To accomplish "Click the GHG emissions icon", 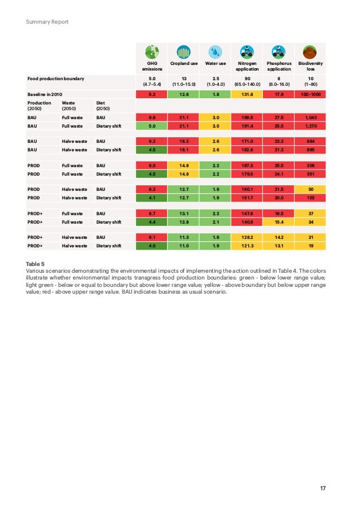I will tap(152, 52).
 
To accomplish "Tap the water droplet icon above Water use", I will tap(215, 52).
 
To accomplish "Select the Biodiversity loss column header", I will tap(310, 66).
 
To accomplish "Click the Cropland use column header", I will tap(183, 64).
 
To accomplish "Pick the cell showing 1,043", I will tap(310, 117).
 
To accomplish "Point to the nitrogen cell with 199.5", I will tap(247, 117).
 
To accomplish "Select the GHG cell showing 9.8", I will tap(152, 117).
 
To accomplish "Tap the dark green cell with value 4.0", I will tap(152, 246).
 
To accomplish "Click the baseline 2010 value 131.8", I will tap(247, 94).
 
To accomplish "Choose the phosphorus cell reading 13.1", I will tap(279, 246).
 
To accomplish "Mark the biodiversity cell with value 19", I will tap(310, 246).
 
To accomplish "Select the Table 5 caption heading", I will tap(34, 264).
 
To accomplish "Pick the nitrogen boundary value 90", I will tap(247, 79).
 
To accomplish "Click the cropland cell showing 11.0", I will tap(183, 246).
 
